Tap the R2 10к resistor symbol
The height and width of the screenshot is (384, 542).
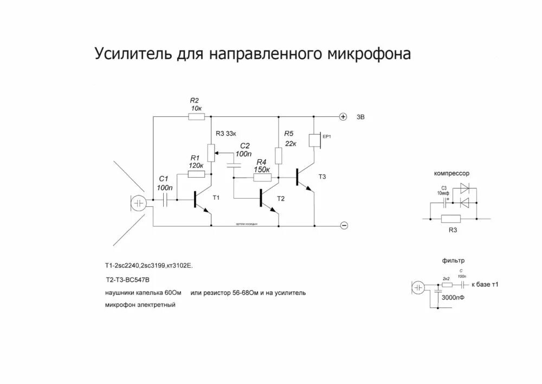click(195, 116)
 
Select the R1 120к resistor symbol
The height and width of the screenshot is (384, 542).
click(195, 174)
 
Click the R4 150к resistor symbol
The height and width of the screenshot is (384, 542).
click(262, 177)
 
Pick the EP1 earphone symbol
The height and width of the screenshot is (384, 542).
click(313, 140)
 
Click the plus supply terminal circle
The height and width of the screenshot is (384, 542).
click(343, 117)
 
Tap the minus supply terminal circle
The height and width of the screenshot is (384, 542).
click(343, 225)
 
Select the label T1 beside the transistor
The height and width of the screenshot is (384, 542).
click(216, 197)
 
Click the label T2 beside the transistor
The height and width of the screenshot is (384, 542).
click(281, 199)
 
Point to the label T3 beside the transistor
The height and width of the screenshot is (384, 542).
click(322, 177)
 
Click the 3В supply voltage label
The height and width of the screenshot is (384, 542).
click(361, 117)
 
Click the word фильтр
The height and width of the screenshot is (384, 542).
click(453, 261)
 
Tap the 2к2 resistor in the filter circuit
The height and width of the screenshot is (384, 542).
click(447, 285)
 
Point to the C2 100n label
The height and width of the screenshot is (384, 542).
click(245, 150)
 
